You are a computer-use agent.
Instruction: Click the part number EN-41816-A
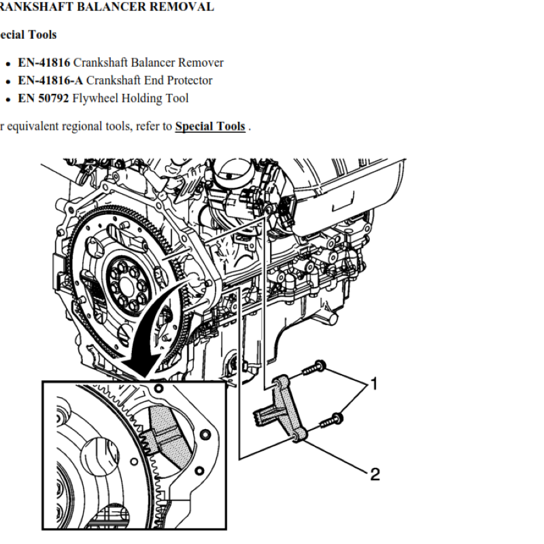pyautogui.click(x=50, y=80)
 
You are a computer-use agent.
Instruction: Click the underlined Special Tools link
pyautogui.click(x=209, y=126)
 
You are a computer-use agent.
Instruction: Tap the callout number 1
pyautogui.click(x=373, y=385)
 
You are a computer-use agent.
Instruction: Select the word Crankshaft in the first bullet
pyautogui.click(x=98, y=63)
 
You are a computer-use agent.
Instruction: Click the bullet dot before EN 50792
pyautogui.click(x=7, y=99)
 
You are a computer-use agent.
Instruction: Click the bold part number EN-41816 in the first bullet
pyautogui.click(x=44, y=63)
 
